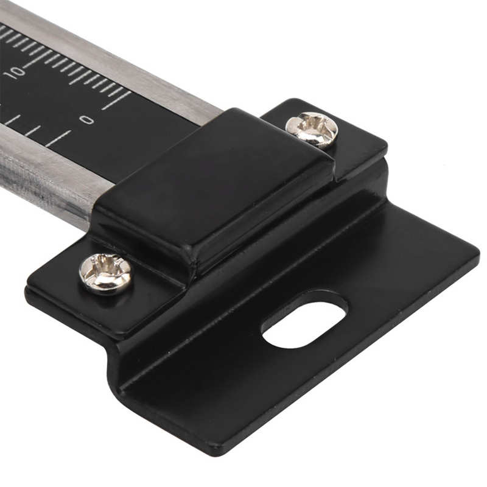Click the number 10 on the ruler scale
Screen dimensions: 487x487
[x=14, y=72]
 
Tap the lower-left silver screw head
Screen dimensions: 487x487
[x=106, y=273]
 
